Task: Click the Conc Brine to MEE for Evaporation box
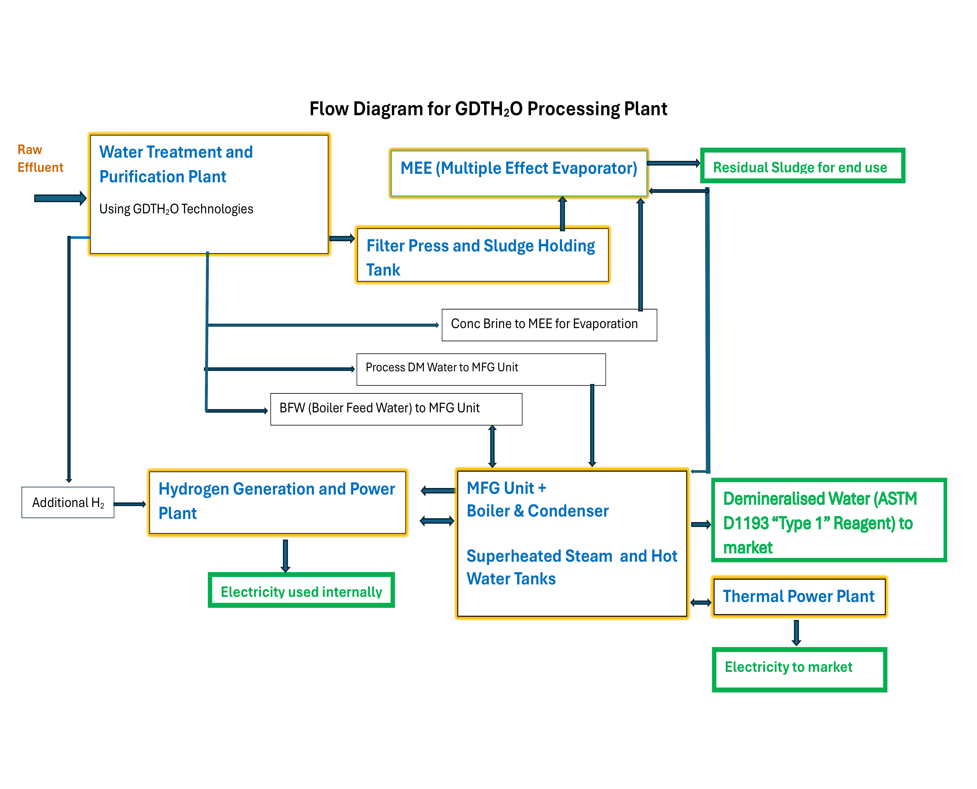pyautogui.click(x=549, y=324)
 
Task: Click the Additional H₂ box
pyautogui.click(x=68, y=502)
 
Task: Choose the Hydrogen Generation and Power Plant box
pyautogui.click(x=277, y=502)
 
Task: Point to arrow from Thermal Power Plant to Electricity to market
pyautogui.click(x=796, y=632)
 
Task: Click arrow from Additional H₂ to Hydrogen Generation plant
pyautogui.click(x=129, y=504)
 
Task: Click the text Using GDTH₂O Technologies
pyautogui.click(x=176, y=209)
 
